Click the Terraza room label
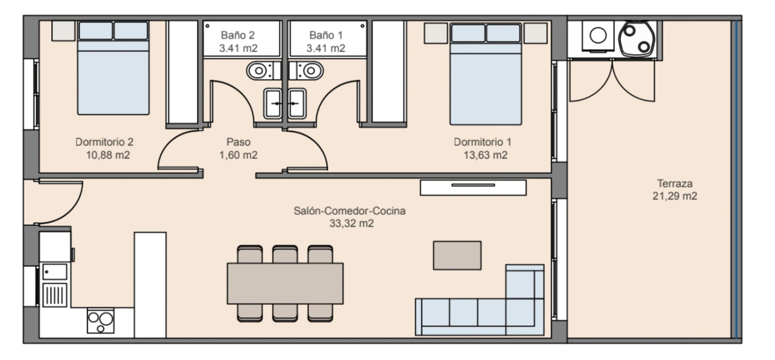point(675,184)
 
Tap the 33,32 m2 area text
point(352,224)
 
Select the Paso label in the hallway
point(238,142)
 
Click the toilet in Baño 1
point(306,71)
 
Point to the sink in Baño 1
point(297,103)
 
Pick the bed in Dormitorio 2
point(113,68)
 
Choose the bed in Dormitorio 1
point(486,74)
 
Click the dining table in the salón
point(285,283)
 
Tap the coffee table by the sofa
point(457,255)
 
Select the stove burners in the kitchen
point(100,321)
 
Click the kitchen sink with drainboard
point(55,285)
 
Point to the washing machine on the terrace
point(598,36)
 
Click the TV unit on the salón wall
point(473,188)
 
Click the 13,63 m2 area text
point(485,155)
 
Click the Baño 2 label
point(237,35)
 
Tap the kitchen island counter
point(150,285)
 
